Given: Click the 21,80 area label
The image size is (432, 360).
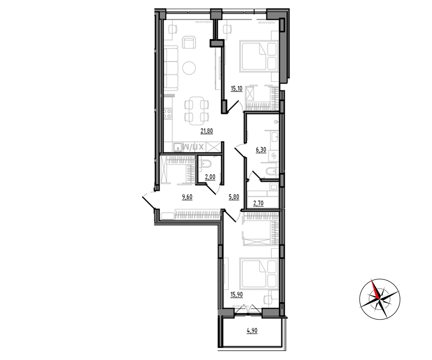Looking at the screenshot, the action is [207, 131].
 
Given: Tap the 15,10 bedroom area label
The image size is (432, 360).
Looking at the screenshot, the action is [236, 89].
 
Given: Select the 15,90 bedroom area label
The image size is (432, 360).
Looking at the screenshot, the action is [237, 294].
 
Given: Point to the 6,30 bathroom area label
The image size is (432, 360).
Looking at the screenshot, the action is [261, 150].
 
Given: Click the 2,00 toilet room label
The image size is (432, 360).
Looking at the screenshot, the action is [210, 177].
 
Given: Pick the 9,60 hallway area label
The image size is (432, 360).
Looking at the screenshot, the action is [187, 197].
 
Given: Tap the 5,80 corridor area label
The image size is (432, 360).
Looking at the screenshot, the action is [234, 197].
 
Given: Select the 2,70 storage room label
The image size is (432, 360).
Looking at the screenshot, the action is [258, 203].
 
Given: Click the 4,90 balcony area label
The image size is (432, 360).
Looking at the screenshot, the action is [252, 331].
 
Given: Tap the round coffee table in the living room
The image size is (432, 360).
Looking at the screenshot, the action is [189, 68].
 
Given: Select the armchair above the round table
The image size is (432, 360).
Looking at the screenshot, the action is [189, 42].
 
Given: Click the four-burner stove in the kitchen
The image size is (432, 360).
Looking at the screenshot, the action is [167, 114].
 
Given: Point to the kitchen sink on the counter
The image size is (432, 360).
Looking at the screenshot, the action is [177, 147].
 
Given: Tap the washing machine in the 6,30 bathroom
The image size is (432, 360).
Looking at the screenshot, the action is [274, 156].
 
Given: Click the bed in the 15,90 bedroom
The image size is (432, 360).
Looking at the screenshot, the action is [259, 274].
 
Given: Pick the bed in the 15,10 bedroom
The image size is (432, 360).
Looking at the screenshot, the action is [259, 56].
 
